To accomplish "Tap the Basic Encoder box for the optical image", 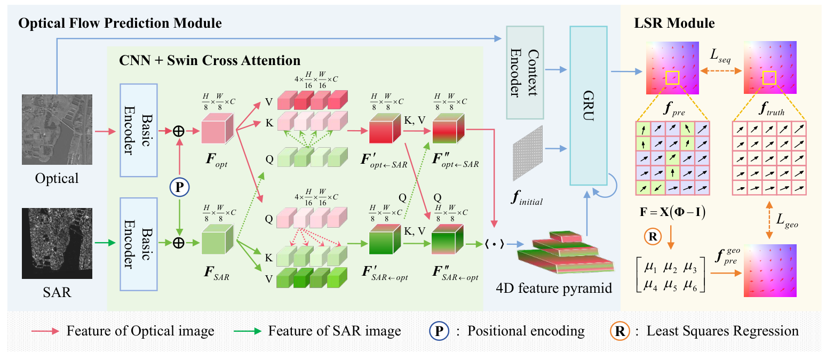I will tap(139, 130).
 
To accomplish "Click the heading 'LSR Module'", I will tap(674, 23).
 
